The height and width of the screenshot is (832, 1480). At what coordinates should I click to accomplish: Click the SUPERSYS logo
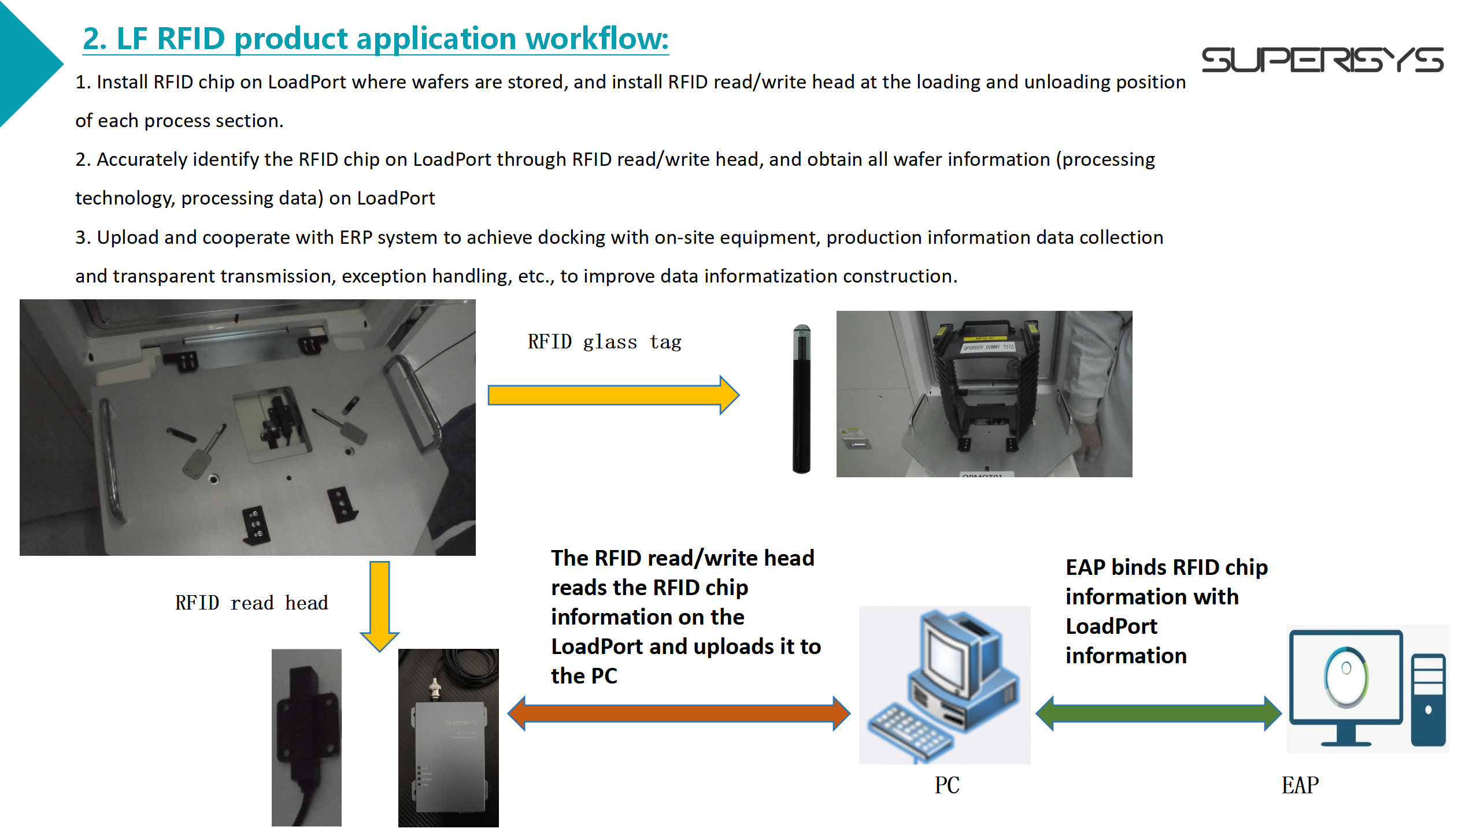pyautogui.click(x=1322, y=60)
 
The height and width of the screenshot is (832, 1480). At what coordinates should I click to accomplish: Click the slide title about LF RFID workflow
pyautogui.click(x=376, y=39)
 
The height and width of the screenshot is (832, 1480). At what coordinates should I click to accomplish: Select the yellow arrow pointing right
pyautogui.click(x=613, y=395)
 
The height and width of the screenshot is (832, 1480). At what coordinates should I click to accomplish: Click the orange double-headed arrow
pyautogui.click(x=679, y=714)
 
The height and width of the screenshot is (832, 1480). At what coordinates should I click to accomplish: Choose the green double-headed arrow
pyautogui.click(x=1159, y=714)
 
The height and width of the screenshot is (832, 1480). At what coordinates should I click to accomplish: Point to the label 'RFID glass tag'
pyautogui.click(x=605, y=342)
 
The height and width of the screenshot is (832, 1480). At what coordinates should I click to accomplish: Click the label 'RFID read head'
pyautogui.click(x=251, y=603)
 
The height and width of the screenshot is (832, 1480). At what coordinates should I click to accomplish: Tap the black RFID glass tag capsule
pyautogui.click(x=801, y=399)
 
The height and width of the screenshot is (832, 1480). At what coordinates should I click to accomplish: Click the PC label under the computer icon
pyautogui.click(x=947, y=785)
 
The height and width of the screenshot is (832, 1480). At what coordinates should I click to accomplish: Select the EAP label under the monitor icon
pyautogui.click(x=1300, y=785)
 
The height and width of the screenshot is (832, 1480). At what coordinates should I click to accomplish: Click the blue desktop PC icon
pyautogui.click(x=945, y=685)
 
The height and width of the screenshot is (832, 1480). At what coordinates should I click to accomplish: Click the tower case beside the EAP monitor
pyautogui.click(x=1429, y=699)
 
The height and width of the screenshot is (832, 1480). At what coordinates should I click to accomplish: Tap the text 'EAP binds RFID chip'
pyautogui.click(x=1167, y=567)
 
